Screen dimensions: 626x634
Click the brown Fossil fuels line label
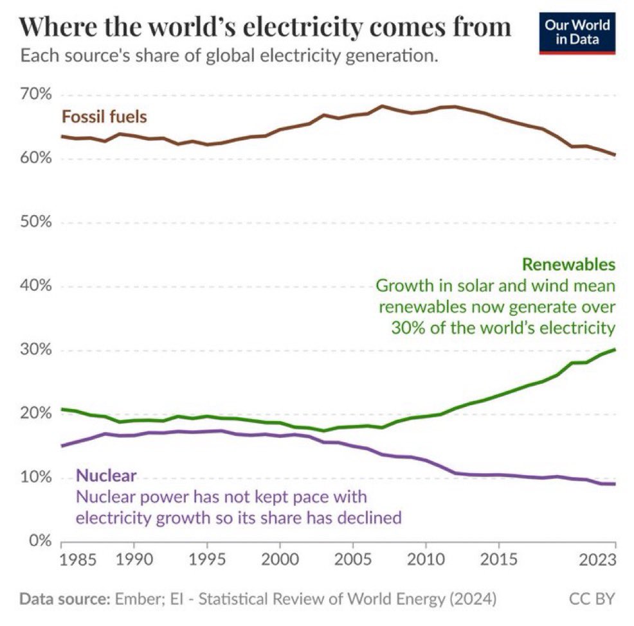(104, 117)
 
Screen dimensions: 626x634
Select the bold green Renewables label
(568, 265)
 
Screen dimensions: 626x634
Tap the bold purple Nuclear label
(106, 476)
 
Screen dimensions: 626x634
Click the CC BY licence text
(592, 600)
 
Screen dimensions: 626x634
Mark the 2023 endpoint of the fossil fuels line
(615, 155)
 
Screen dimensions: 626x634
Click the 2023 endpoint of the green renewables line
(615, 349)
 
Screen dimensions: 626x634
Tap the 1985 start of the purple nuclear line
(62, 446)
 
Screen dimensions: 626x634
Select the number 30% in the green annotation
(406, 327)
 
